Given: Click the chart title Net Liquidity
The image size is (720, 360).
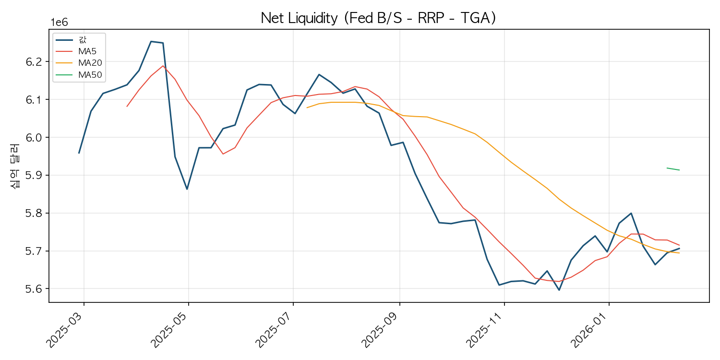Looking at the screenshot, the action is pos(299,18).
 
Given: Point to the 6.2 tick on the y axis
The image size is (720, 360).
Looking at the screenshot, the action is pos(34,62).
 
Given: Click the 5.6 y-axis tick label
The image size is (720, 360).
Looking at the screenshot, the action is pos(34,289).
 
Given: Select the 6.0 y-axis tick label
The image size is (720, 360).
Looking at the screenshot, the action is pos(34,138).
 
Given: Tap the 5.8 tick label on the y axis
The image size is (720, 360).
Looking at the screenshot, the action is pos(34,213).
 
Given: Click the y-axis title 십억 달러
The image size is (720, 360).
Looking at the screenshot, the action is pos(15,166).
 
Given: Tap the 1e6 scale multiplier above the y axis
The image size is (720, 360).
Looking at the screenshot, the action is pos(60,23).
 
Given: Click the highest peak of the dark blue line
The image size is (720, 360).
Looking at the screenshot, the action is pos(151,41).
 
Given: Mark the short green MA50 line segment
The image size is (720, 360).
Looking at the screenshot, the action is pos(673,169).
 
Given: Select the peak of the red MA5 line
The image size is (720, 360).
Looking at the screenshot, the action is pos(163,66).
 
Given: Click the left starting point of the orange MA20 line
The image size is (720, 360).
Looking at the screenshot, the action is pos(307,108).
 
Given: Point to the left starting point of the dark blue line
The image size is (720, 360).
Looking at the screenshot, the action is pos(79,153).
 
